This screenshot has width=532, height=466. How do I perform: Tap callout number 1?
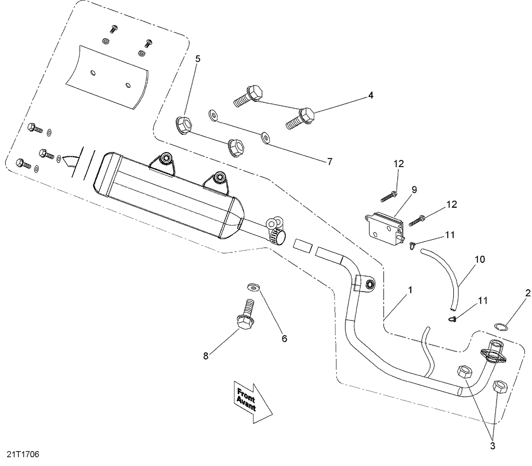click(x=410, y=290)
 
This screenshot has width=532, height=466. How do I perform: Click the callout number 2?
click(x=528, y=293)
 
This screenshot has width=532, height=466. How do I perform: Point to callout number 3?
click(x=492, y=446)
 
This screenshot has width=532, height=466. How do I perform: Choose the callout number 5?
click(x=198, y=59)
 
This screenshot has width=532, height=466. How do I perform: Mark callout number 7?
click(x=329, y=162)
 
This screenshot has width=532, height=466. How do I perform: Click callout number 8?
click(x=206, y=356)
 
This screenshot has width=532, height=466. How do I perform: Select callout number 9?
click(x=414, y=190)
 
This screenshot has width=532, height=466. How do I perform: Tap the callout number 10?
click(x=480, y=259)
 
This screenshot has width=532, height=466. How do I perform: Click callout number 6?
click(x=284, y=338)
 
